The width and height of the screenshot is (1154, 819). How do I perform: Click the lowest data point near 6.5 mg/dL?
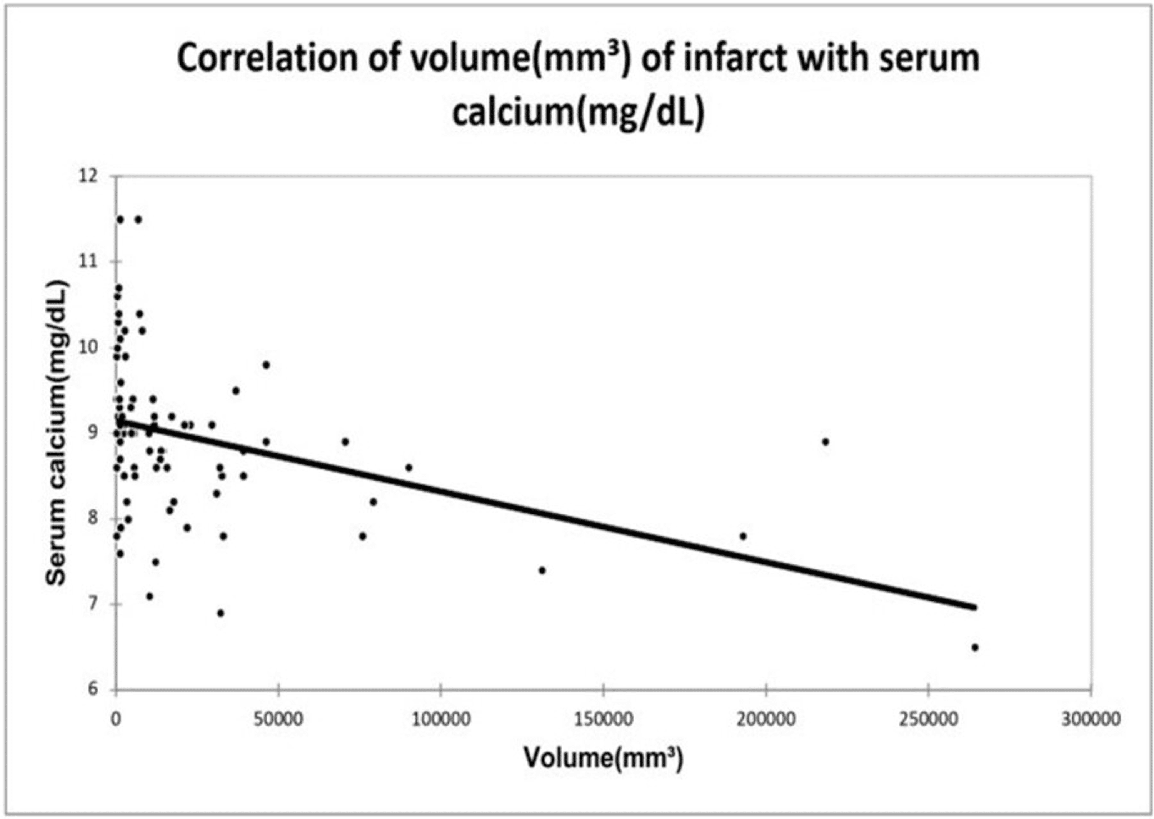click(x=974, y=648)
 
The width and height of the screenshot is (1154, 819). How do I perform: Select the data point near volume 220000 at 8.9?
click(x=825, y=442)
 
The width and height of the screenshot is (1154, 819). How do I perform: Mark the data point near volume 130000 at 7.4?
click(x=542, y=570)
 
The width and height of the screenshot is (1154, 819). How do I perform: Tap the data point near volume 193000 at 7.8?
click(x=743, y=536)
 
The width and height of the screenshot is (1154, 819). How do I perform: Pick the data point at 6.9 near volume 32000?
click(x=220, y=613)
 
